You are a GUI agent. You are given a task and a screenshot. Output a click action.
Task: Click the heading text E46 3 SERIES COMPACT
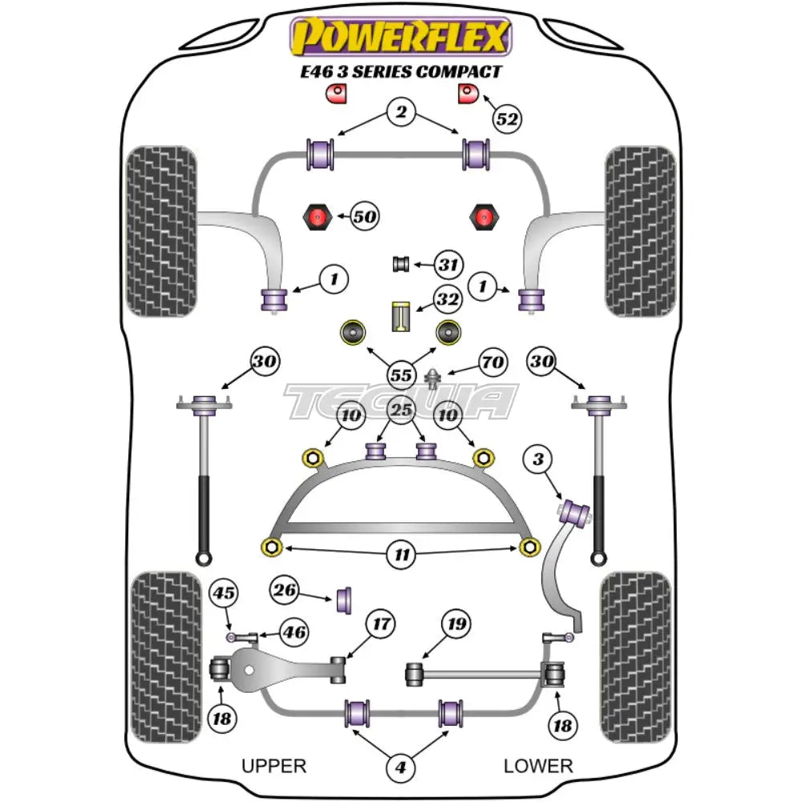pos(401,72)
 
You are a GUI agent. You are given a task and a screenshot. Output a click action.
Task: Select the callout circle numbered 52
pos(507,119)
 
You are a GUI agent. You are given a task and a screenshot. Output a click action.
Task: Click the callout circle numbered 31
pos(448,263)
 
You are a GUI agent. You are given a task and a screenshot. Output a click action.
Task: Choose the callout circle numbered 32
pos(448,301)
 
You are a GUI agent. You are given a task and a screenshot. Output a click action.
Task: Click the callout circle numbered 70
pos(492,363)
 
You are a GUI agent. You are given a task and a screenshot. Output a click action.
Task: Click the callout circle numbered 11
pos(401,554)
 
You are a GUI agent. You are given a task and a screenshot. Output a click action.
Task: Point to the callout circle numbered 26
pos(286,592)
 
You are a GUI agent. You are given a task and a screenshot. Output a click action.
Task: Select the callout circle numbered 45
pos(225,593)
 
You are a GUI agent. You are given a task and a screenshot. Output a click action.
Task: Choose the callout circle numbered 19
pos(456,624)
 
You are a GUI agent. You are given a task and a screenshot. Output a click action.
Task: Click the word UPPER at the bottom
pos(274,766)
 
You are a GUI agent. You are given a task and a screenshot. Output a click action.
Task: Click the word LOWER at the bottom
pos(538,766)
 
